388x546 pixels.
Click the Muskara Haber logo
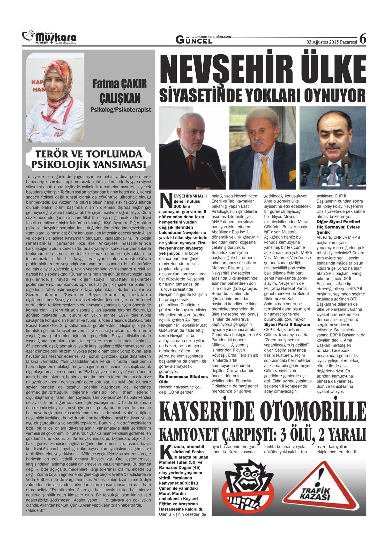[49, 38]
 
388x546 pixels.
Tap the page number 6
[363, 39]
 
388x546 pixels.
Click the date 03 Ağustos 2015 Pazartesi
[332, 42]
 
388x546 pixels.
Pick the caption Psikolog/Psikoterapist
[121, 110]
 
